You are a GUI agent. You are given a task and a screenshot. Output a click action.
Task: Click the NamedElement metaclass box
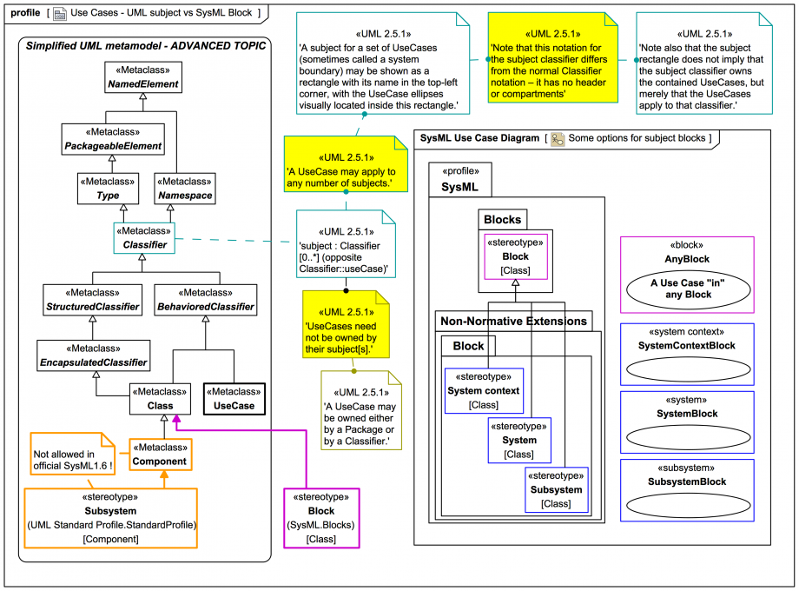(x=143, y=78)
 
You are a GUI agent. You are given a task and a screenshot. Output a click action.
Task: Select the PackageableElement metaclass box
(x=112, y=140)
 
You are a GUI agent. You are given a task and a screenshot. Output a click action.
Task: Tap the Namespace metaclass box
(x=184, y=189)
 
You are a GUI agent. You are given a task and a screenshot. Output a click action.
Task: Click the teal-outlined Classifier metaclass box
(x=143, y=239)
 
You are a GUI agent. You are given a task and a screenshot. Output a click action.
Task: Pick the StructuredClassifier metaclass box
(x=92, y=300)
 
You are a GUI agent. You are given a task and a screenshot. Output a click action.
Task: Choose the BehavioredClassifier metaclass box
(x=206, y=300)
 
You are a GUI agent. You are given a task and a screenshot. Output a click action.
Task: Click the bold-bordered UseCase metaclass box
(x=234, y=399)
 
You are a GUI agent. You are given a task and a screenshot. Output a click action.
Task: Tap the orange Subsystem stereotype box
(x=110, y=517)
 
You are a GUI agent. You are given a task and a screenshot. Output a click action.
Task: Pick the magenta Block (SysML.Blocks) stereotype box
(x=321, y=518)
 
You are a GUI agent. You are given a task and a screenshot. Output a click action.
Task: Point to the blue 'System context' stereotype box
(x=483, y=390)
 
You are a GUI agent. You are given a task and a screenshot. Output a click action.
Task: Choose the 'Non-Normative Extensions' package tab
(x=512, y=321)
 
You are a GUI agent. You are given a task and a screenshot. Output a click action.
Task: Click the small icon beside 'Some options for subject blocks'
(x=558, y=138)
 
